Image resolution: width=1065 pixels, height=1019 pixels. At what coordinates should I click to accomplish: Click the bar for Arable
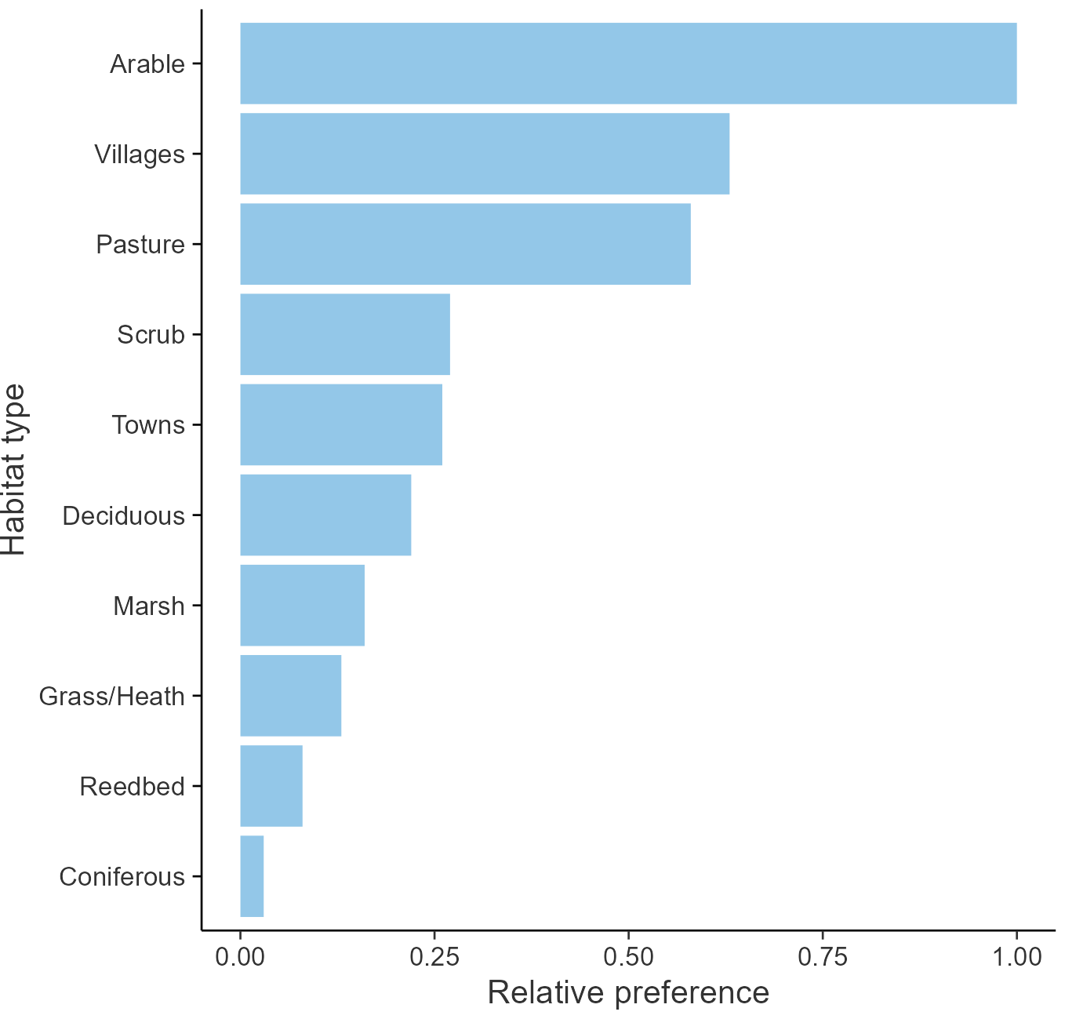click(x=627, y=64)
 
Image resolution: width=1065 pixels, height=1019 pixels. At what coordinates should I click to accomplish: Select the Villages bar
click(x=485, y=154)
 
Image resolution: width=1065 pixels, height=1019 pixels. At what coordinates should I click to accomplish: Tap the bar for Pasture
click(x=465, y=244)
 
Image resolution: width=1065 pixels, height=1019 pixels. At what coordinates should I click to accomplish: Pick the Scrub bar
click(x=345, y=334)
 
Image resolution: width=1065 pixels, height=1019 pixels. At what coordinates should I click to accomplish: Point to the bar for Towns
click(x=341, y=424)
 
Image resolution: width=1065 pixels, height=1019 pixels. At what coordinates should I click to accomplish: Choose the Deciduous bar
click(x=325, y=515)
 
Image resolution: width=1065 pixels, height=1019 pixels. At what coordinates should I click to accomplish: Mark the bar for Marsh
click(x=302, y=605)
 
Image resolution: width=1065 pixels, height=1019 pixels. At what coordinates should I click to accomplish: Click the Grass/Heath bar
click(x=291, y=696)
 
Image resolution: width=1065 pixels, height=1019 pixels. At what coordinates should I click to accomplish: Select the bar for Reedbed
click(x=271, y=786)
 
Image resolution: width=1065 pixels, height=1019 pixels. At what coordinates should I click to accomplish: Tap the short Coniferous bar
click(x=252, y=876)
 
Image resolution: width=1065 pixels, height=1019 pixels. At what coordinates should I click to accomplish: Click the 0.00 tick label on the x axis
click(x=240, y=957)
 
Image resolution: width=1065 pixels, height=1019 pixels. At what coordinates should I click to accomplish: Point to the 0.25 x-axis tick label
click(x=434, y=957)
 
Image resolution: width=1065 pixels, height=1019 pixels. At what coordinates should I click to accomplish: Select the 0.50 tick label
click(x=628, y=957)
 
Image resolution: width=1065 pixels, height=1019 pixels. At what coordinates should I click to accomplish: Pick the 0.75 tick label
click(x=823, y=957)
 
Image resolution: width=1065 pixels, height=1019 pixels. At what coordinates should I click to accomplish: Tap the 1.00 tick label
click(x=1017, y=957)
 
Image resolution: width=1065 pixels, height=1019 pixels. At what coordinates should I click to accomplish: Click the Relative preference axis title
click(x=628, y=993)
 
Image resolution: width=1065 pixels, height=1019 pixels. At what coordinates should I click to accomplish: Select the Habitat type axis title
click(x=14, y=470)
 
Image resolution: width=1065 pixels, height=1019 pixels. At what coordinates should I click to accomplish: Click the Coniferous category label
click(x=122, y=877)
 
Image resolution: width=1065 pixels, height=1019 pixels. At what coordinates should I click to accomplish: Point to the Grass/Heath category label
click(x=112, y=697)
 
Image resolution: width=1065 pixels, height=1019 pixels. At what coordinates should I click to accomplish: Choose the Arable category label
click(x=147, y=64)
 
